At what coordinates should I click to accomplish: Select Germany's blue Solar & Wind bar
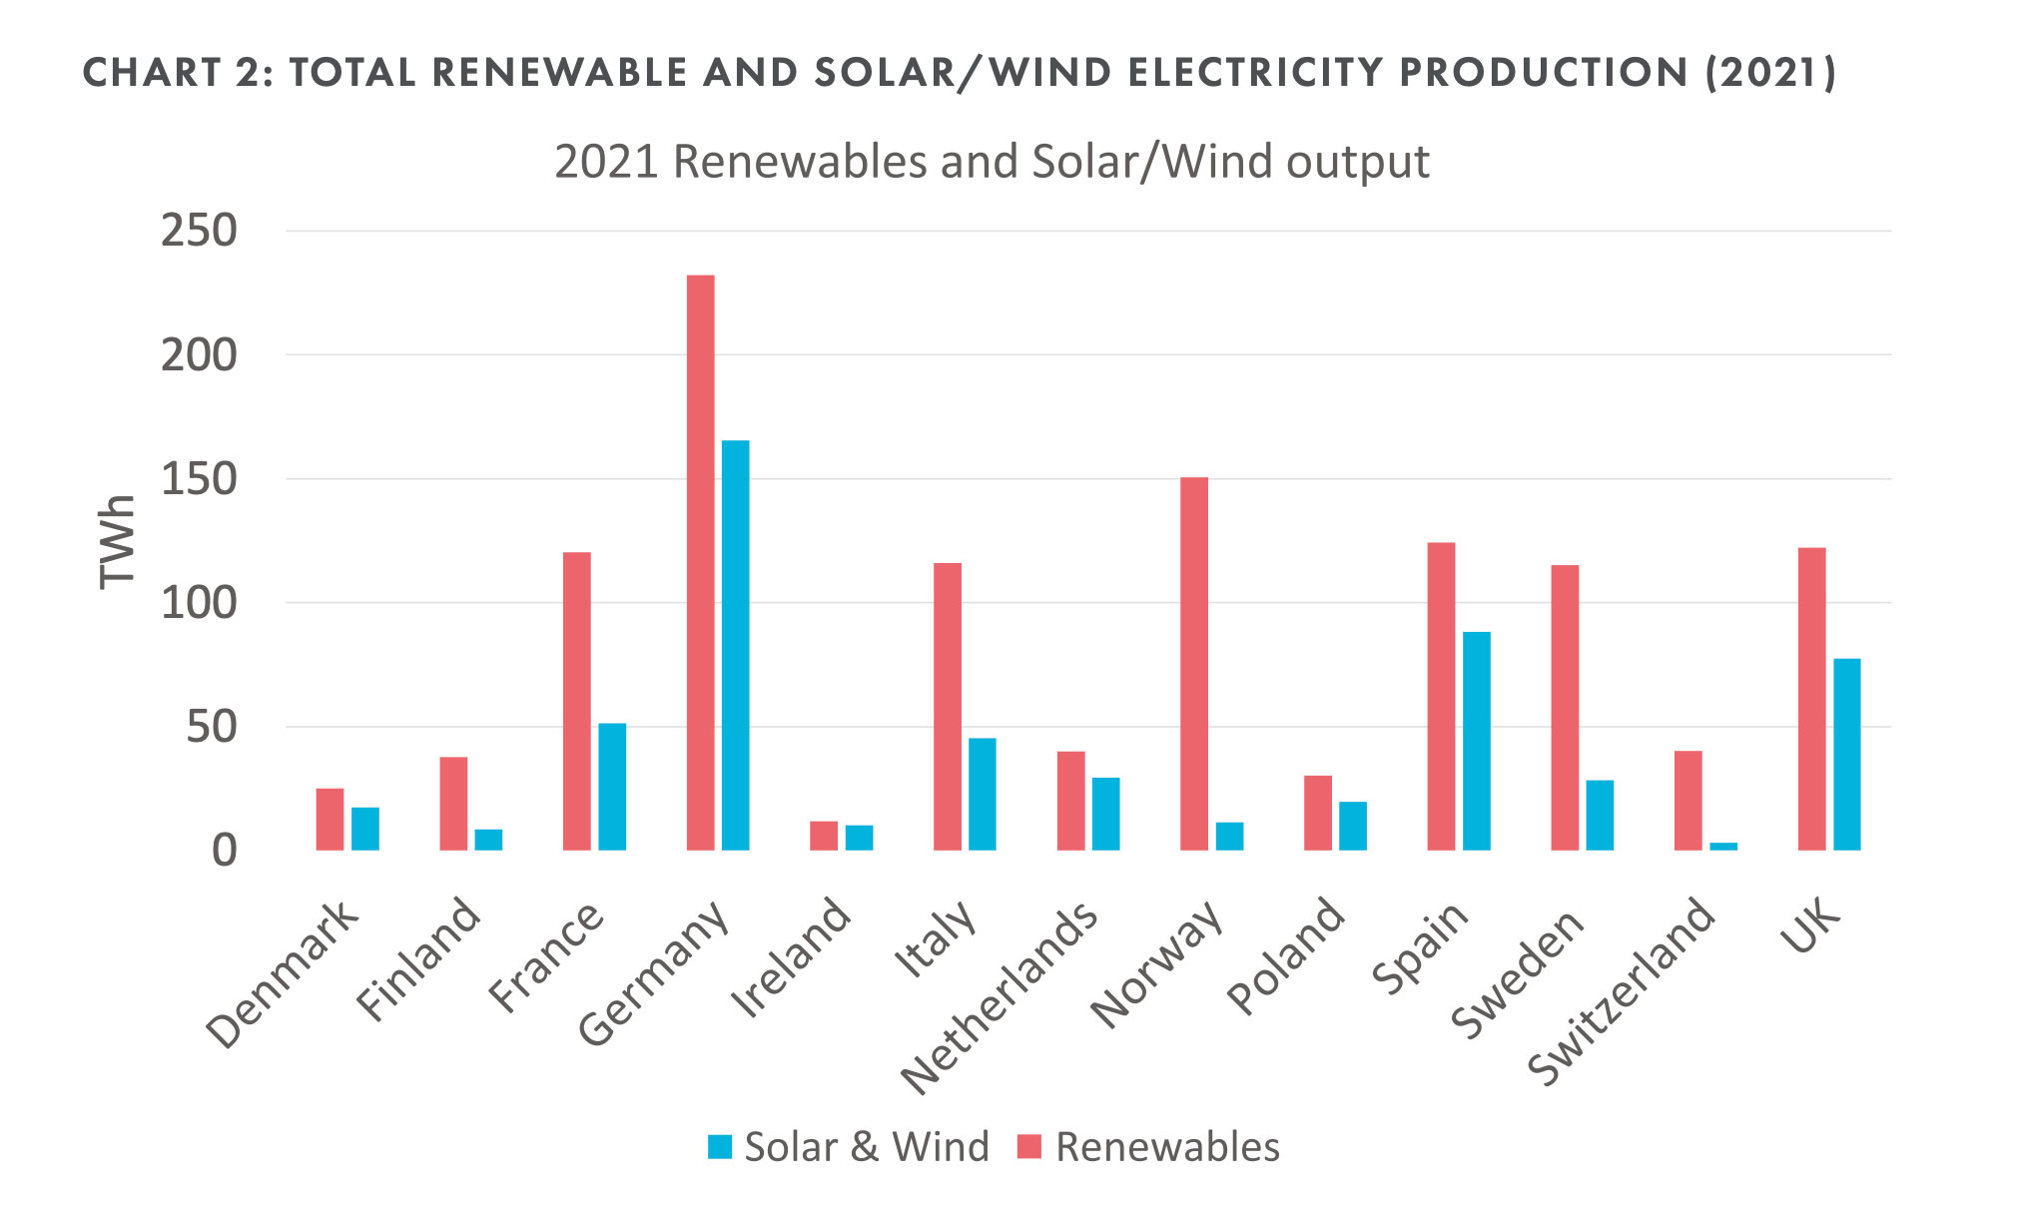pos(735,645)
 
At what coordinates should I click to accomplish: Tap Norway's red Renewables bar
pos(1194,664)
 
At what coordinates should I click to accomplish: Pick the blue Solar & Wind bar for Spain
pos(1476,741)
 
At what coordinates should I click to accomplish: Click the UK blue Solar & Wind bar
pos(1846,754)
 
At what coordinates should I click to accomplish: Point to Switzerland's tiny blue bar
pos(1723,847)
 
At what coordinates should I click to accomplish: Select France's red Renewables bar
pos(577,701)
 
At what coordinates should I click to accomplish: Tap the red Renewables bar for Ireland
pos(824,836)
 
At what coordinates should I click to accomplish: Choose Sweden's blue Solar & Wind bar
pos(1600,815)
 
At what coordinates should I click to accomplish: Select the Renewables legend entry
pos(1148,1147)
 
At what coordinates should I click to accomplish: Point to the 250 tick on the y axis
pos(199,232)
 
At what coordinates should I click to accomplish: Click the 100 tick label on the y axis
pos(199,603)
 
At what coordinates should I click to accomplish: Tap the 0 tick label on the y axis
pos(225,851)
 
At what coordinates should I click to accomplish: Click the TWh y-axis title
pos(117,541)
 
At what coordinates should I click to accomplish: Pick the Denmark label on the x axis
pos(282,974)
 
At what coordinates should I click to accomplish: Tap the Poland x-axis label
pos(1286,955)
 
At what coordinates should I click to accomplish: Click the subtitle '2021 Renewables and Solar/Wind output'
pos(992,162)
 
